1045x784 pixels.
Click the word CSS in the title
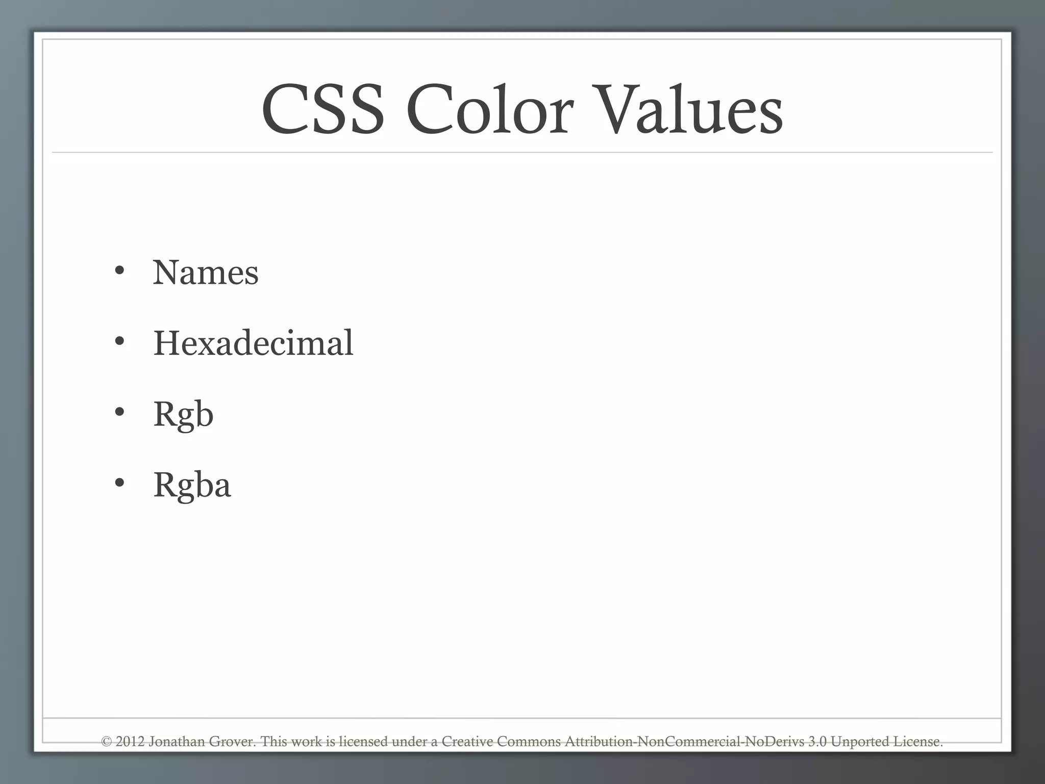(x=322, y=110)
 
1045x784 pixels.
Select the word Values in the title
(x=689, y=110)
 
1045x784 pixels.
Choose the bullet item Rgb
(x=183, y=414)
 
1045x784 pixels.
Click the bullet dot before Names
(x=119, y=271)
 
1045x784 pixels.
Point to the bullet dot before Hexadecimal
(x=119, y=341)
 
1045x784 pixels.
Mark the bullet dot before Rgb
(x=119, y=412)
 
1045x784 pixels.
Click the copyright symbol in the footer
(x=107, y=742)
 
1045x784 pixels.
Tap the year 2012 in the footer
(x=130, y=742)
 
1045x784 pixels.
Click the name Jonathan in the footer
(x=177, y=742)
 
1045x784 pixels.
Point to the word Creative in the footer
(x=467, y=742)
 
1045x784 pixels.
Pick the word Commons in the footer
(x=529, y=742)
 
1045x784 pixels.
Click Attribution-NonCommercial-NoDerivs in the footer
(x=684, y=742)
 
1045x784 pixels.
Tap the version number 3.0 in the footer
(x=817, y=742)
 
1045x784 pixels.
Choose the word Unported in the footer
(x=860, y=742)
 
